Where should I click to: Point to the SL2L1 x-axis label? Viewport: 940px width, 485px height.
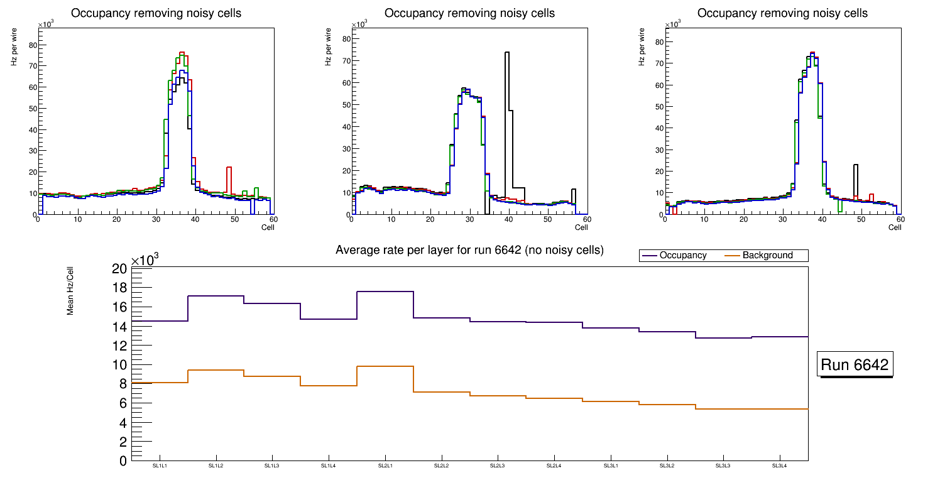(x=385, y=466)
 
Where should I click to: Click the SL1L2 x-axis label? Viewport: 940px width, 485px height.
(x=216, y=466)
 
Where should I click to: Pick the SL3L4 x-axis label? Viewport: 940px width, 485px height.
(x=779, y=466)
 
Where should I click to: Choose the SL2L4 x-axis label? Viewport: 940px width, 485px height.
(x=554, y=466)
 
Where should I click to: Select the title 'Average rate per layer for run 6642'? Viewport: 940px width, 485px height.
(x=469, y=250)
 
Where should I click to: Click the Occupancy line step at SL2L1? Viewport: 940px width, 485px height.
(x=385, y=292)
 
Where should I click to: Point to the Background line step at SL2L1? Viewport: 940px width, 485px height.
(x=385, y=366)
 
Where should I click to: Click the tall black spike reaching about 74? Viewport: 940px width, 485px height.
(x=506, y=53)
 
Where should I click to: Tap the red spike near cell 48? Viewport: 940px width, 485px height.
(x=229, y=168)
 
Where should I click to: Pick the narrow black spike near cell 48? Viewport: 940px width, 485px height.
(x=855, y=165)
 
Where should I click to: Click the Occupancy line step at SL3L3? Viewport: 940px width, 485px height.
(x=723, y=338)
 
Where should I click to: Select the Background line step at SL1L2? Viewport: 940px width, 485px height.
(x=216, y=370)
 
